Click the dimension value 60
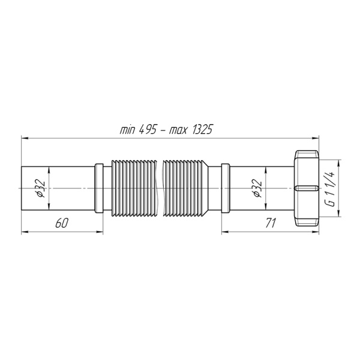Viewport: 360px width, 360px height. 62,223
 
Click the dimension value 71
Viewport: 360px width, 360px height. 270,223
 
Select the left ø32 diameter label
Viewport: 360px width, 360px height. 41,188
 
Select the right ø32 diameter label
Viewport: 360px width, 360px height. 257,188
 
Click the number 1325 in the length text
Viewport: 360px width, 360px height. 202,130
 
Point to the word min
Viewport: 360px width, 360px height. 128,130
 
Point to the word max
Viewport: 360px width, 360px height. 178,131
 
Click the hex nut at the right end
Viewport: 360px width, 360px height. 307,188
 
